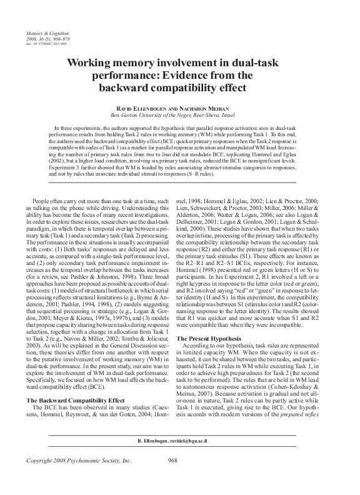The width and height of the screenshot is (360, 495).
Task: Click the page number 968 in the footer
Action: (x=174, y=478)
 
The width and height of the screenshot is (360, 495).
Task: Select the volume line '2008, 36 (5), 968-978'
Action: (x=47, y=37)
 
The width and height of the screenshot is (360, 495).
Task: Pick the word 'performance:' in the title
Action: (x=134, y=76)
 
